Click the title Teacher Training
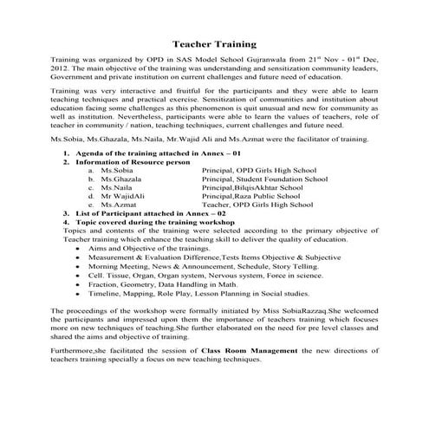coord(215,41)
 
